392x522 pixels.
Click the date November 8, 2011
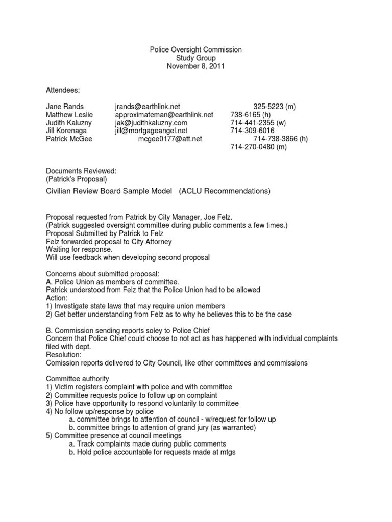click(x=195, y=66)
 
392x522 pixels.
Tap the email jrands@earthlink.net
click(x=148, y=107)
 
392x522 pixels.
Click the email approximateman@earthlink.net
click(x=164, y=115)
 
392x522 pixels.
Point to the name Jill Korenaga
click(x=66, y=130)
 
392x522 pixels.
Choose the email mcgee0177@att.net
click(x=170, y=139)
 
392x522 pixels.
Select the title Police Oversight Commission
click(x=195, y=50)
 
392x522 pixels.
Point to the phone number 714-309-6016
click(x=253, y=130)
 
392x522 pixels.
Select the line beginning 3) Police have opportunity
click(x=142, y=403)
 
